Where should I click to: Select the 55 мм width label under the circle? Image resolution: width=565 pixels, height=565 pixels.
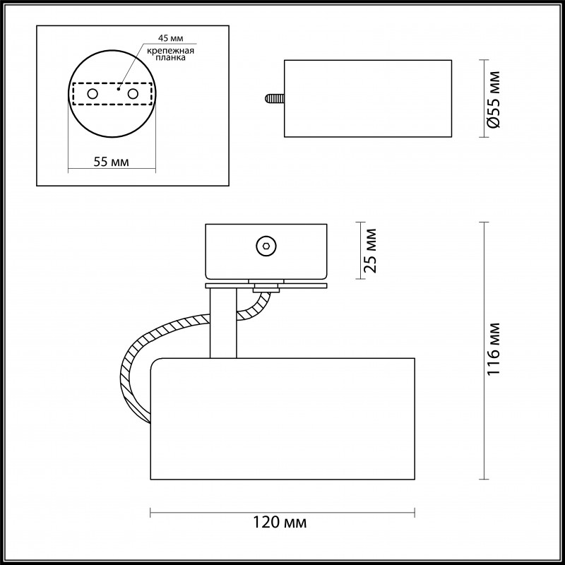(111, 162)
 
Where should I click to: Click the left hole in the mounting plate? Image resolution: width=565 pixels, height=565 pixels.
(92, 94)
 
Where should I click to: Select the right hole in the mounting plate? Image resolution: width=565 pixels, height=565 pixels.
(132, 94)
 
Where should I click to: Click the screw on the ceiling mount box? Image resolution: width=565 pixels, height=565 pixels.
(266, 246)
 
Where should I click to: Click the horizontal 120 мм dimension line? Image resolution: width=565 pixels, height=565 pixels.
(212, 511)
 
